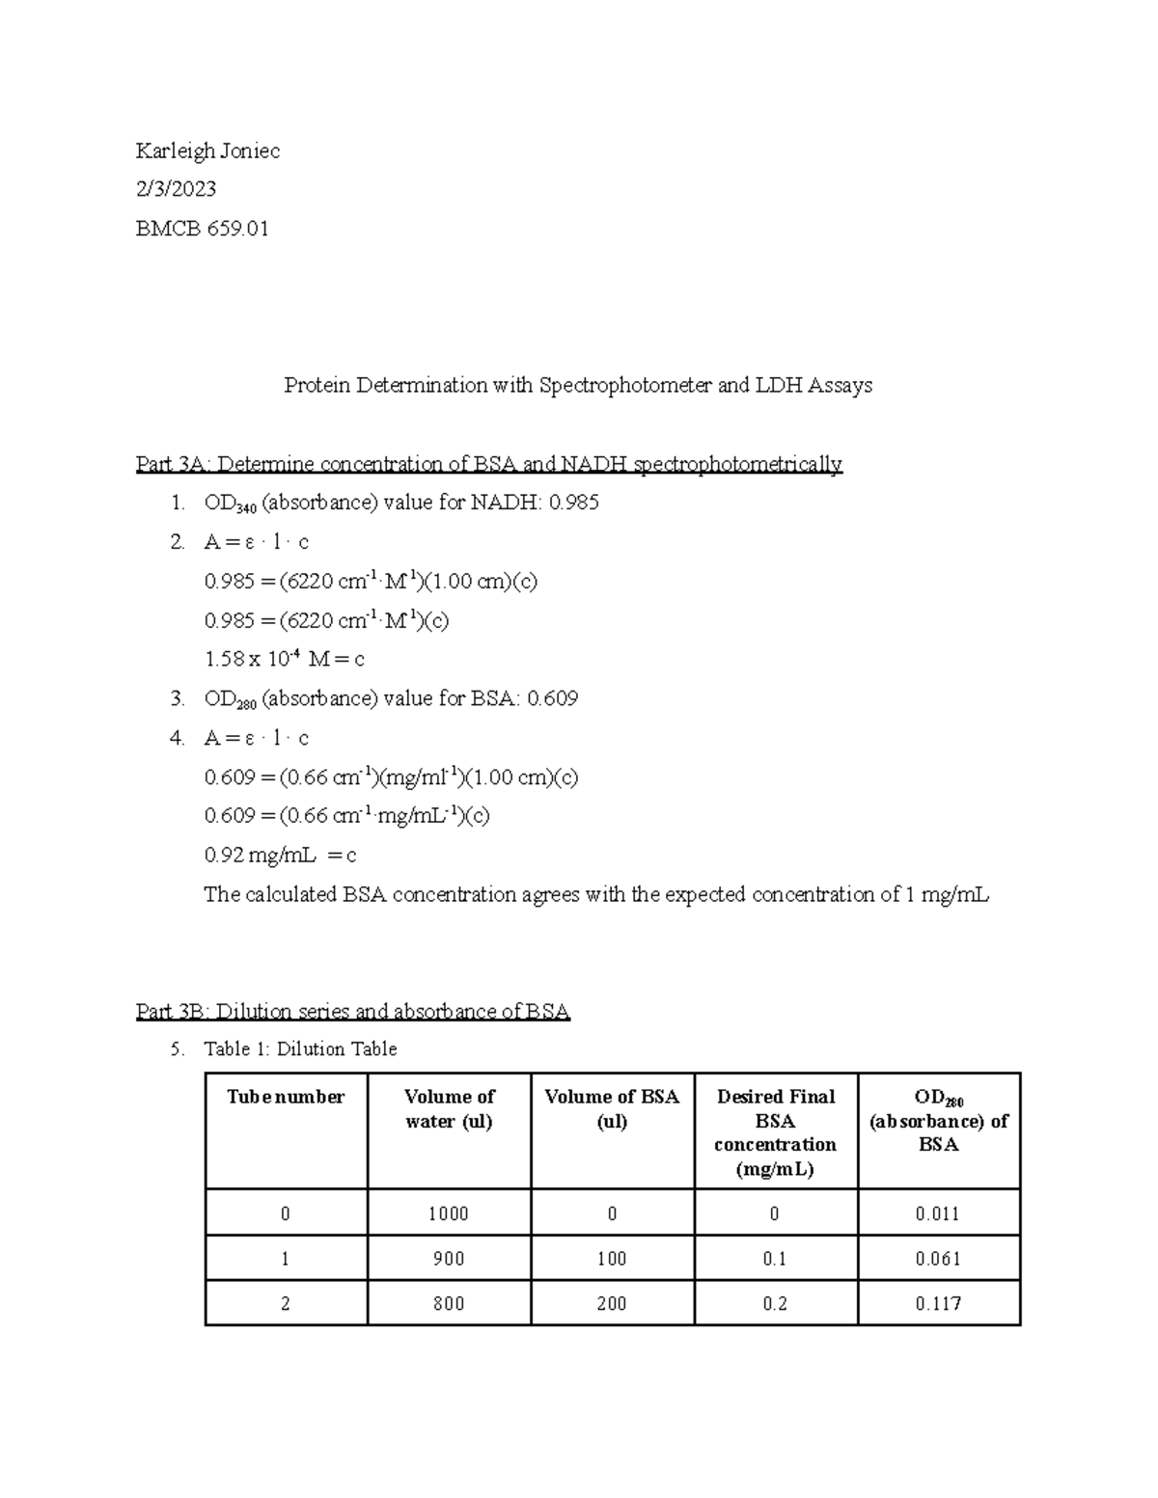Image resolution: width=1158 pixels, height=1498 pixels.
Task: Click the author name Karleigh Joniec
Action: point(207,150)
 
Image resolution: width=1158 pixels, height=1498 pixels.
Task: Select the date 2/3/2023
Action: point(176,189)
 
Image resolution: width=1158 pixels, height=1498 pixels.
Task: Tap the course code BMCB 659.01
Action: point(202,229)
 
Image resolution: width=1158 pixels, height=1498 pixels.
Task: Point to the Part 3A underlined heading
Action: point(489,464)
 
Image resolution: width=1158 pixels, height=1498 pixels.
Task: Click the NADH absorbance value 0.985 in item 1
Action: point(573,503)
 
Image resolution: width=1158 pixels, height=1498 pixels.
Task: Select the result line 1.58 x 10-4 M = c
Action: point(284,660)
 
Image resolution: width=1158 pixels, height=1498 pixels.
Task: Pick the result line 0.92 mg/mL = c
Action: point(280,856)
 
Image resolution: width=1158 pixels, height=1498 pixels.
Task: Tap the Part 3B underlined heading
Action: point(353,1011)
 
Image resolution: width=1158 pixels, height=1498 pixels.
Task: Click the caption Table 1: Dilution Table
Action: point(300,1049)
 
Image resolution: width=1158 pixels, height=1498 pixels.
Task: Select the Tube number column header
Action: point(286,1097)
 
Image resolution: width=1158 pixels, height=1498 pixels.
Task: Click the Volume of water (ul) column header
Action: point(449,1109)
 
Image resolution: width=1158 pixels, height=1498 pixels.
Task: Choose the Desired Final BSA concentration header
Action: point(775,1132)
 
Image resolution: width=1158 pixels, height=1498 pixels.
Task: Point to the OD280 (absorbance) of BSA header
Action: point(938,1121)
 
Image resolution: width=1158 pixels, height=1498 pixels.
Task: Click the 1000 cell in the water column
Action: point(449,1213)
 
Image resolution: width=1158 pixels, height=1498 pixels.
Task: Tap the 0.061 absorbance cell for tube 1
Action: point(938,1259)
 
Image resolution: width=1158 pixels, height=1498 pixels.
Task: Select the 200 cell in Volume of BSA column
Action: point(612,1303)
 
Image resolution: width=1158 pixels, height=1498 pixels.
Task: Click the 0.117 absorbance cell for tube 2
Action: point(938,1303)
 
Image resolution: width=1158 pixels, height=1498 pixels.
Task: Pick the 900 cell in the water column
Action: point(449,1259)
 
